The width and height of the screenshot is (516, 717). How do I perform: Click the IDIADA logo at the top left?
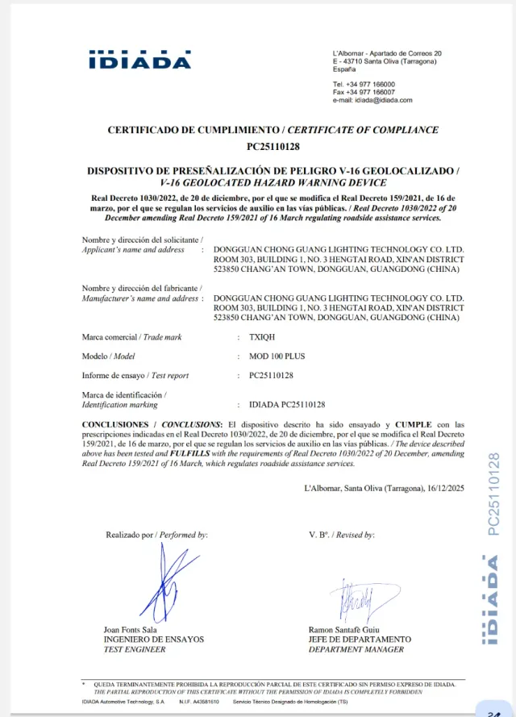point(139,60)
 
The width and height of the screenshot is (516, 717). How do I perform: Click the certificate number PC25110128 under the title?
point(273,147)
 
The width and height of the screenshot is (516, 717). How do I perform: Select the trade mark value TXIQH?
point(262,336)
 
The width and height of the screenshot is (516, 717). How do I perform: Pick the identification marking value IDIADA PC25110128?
point(287,404)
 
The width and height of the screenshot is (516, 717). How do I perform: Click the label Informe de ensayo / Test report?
point(135,375)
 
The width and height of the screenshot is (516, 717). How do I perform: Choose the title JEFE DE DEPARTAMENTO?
point(359,640)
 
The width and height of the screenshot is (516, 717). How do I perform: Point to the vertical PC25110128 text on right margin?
point(493,494)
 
